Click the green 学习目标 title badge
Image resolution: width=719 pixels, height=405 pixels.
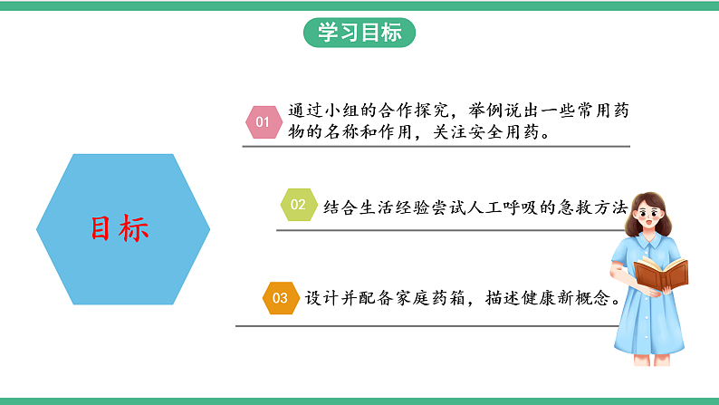click(359, 33)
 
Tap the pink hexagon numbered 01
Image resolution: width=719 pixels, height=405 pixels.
click(263, 121)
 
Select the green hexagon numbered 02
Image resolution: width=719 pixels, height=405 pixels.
click(298, 206)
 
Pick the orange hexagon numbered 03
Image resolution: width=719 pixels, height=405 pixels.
click(279, 297)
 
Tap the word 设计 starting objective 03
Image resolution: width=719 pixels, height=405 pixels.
click(314, 297)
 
